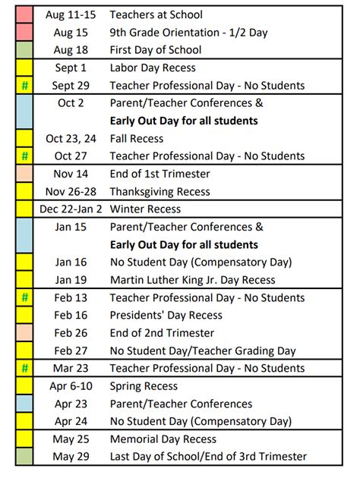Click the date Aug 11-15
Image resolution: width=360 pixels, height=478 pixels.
click(71, 14)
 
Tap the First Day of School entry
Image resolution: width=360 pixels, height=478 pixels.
click(156, 50)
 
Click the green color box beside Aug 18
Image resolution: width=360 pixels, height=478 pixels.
click(24, 50)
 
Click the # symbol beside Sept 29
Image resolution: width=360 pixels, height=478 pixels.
click(24, 86)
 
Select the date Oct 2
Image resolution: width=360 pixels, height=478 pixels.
click(71, 103)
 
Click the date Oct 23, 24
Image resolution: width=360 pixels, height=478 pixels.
click(71, 139)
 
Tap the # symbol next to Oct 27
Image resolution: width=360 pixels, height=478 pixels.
click(24, 156)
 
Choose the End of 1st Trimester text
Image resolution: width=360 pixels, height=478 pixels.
click(160, 174)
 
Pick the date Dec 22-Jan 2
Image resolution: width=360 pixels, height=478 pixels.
click(71, 209)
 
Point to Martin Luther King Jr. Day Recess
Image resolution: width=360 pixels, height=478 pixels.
click(192, 280)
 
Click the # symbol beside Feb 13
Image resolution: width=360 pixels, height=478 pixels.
click(24, 297)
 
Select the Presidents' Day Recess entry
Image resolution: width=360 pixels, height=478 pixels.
click(166, 315)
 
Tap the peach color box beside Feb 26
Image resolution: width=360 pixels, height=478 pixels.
click(24, 333)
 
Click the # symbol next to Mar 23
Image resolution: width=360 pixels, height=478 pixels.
click(24, 368)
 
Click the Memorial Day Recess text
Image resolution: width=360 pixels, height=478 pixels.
click(163, 439)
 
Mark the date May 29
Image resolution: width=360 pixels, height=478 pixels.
click(71, 457)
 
